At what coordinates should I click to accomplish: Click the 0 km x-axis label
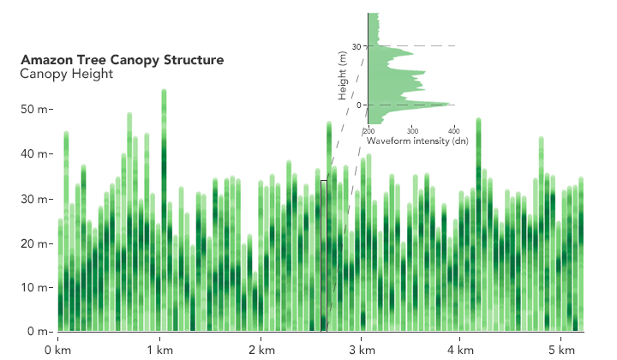[x=58, y=350]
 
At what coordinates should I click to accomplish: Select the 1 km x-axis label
[x=160, y=350]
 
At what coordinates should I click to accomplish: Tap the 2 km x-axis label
[x=261, y=350]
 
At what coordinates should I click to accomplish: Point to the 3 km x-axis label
[x=362, y=350]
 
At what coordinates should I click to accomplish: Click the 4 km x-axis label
[x=461, y=350]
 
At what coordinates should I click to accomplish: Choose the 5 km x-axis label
[x=561, y=350]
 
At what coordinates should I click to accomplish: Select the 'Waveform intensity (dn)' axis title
[x=408, y=140]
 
